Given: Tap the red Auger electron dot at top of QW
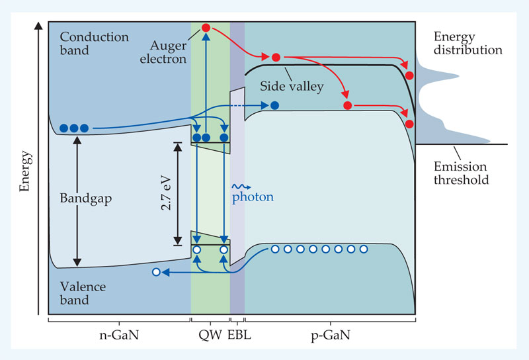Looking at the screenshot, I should (206, 28).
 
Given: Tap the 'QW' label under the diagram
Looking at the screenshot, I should (210, 336).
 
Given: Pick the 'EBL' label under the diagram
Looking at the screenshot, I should (239, 336).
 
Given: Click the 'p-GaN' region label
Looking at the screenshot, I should (330, 336).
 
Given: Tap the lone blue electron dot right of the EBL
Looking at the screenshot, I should (274, 105).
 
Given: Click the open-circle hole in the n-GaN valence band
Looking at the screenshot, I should (156, 271).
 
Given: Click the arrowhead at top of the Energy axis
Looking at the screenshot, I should (40, 27).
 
